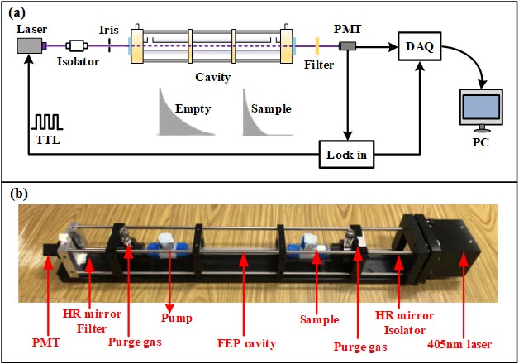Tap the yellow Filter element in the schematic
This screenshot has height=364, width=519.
(316, 45)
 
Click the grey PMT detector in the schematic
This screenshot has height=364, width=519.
(349, 45)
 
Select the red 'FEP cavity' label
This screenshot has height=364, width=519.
(245, 341)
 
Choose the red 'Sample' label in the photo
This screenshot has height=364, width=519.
(318, 318)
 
